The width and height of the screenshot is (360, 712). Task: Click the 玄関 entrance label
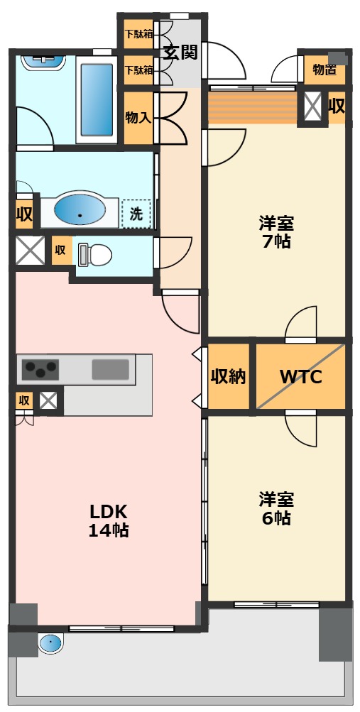[180, 53]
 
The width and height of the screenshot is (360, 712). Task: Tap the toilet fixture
[95, 254]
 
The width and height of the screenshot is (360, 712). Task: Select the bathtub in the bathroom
[97, 99]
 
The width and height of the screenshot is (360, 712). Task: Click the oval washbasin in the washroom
[80, 211]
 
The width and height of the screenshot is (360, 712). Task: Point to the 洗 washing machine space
[136, 214]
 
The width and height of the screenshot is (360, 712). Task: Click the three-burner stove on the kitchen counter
[41, 368]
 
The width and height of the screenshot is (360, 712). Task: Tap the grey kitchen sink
[110, 369]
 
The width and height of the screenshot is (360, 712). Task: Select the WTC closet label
[300, 376]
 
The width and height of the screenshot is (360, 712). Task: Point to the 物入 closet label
[138, 118]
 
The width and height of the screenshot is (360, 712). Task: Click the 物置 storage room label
[324, 70]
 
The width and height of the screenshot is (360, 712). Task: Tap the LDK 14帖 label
[109, 520]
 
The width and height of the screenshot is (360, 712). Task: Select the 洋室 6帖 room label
[276, 508]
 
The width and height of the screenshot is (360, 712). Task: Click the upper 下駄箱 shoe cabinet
[139, 34]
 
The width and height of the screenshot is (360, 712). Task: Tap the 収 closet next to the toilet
[60, 250]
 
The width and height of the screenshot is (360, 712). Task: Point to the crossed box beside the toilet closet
[30, 250]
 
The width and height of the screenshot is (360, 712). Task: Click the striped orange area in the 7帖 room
[253, 108]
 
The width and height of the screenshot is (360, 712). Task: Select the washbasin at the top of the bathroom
[43, 62]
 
